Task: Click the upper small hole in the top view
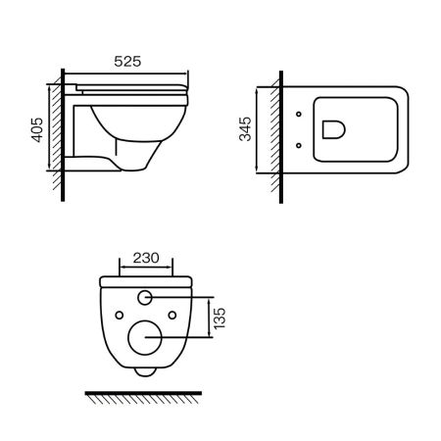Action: tap(297, 116)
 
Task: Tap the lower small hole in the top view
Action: tap(297, 146)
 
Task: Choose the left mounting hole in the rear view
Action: tap(119, 316)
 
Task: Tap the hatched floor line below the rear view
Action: tap(144, 395)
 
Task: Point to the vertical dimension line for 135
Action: tap(208, 317)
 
